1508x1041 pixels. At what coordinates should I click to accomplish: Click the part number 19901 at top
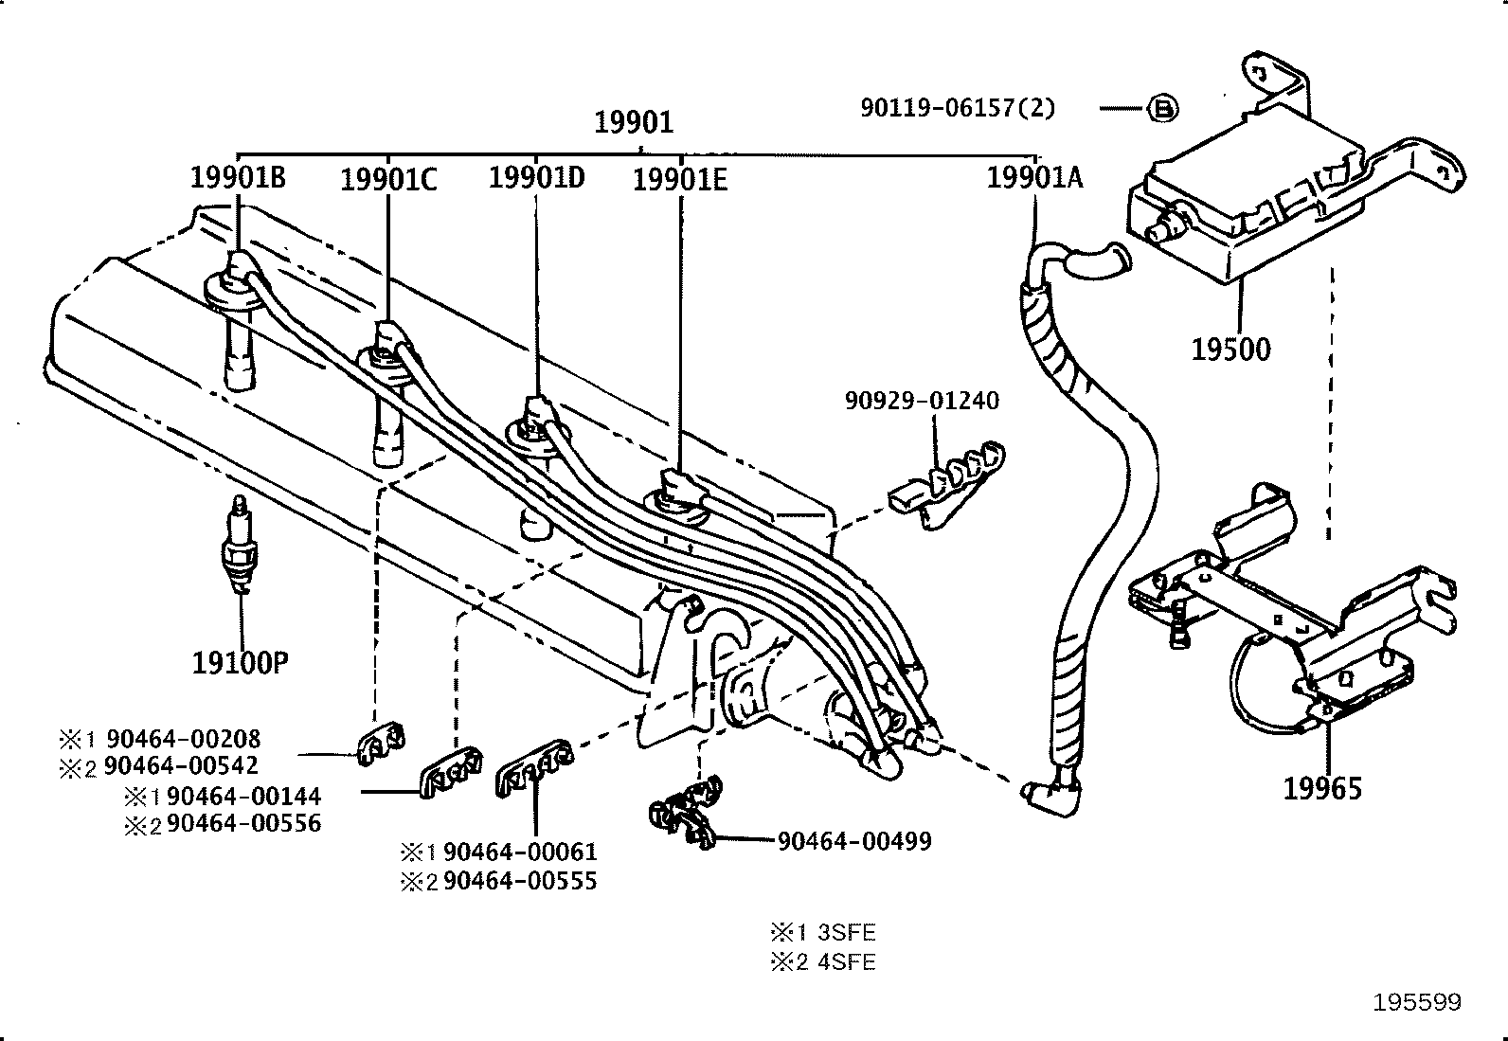[634, 122]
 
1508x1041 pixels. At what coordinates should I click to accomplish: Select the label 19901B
[237, 177]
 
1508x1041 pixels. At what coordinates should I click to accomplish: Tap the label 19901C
[388, 179]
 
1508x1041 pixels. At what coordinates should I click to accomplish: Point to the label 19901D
[536, 177]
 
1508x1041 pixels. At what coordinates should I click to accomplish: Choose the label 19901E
[680, 179]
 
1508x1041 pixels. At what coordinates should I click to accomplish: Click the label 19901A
[1034, 177]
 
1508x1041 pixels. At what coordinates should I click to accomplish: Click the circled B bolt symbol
[1163, 109]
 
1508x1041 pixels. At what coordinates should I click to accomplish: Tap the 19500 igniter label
[1230, 350]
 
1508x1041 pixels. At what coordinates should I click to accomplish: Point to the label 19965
[1322, 788]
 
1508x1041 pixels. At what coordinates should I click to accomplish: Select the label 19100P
[240, 662]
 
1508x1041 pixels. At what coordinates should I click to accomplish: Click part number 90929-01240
[922, 401]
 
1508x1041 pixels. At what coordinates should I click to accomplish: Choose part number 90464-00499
[854, 840]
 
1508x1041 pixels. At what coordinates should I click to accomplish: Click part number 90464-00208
[183, 738]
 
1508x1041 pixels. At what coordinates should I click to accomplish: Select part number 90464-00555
[520, 882]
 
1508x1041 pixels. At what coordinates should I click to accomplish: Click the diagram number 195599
[1417, 1002]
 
